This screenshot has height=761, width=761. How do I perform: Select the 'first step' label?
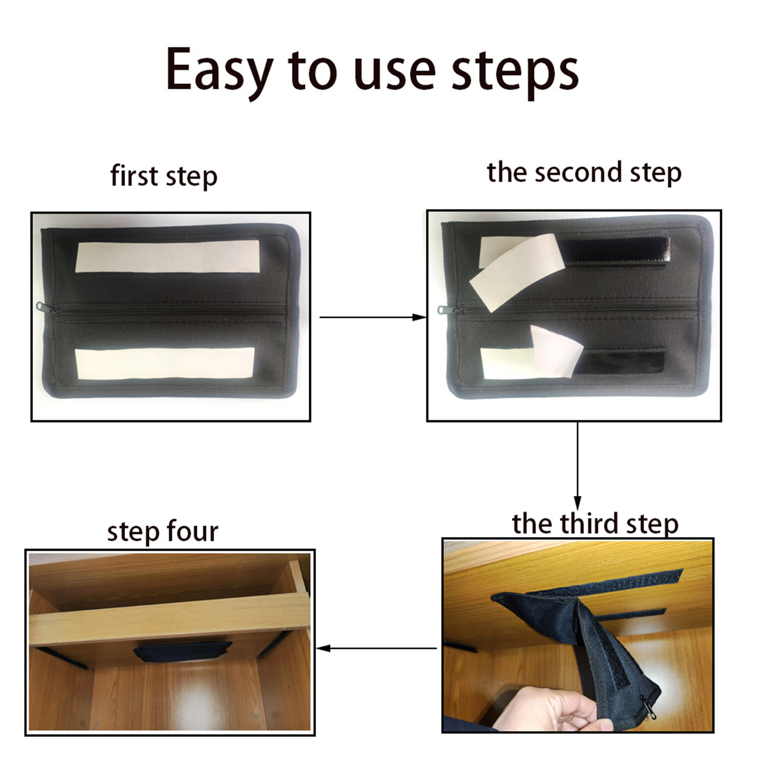(164, 176)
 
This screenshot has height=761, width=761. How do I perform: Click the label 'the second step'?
(584, 173)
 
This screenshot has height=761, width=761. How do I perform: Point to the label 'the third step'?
(595, 524)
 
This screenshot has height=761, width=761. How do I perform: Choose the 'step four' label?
(163, 531)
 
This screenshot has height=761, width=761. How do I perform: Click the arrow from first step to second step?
(373, 317)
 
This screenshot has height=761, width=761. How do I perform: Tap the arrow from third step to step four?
(377, 648)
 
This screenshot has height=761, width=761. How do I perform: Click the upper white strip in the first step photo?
(167, 256)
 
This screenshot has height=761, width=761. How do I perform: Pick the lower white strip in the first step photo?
(165, 364)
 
